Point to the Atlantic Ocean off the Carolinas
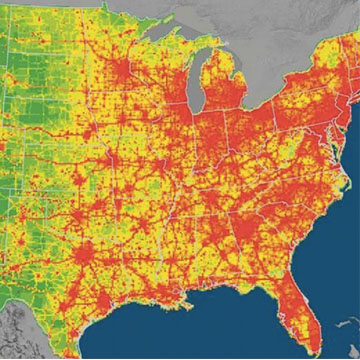(x=335, y=230)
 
